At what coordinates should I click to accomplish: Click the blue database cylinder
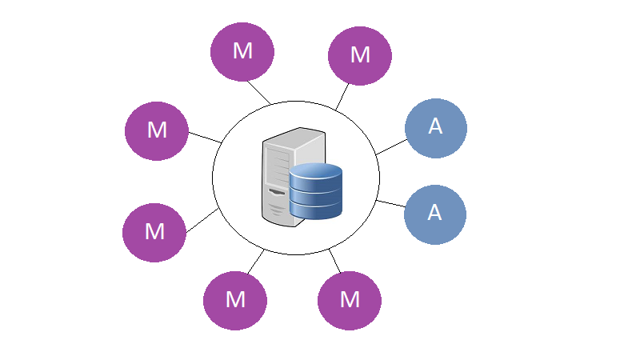(315, 191)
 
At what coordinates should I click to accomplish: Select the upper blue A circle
(436, 128)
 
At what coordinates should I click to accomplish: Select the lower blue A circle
(435, 214)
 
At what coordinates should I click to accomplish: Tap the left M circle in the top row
(242, 52)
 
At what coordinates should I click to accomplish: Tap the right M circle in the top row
(360, 56)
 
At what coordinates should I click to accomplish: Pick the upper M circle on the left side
(157, 131)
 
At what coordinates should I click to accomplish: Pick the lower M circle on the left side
(154, 233)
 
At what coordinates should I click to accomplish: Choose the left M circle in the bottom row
(235, 301)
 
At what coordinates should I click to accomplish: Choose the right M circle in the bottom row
(350, 301)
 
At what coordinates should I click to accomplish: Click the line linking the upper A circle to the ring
(392, 147)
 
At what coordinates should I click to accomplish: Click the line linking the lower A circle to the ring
(391, 204)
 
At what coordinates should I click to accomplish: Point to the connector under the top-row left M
(258, 92)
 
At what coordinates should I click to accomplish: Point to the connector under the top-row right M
(342, 96)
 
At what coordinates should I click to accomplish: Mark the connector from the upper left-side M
(206, 138)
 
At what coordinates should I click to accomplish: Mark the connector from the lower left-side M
(202, 221)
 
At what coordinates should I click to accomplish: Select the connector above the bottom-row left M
(256, 262)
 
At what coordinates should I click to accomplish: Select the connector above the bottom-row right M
(334, 262)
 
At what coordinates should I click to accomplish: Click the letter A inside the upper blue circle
(435, 126)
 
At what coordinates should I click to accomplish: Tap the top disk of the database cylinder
(315, 170)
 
